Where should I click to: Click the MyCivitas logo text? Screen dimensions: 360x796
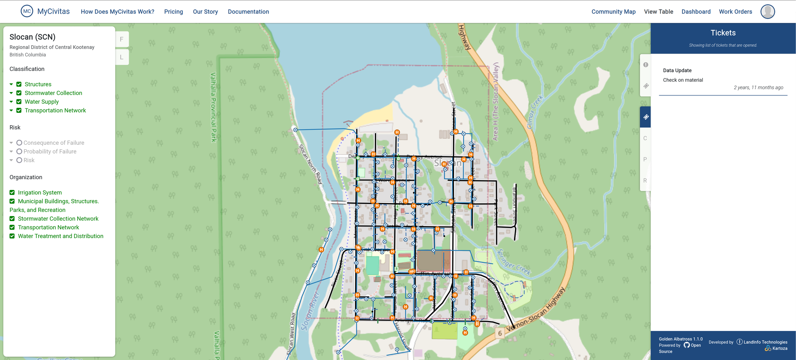[x=53, y=12]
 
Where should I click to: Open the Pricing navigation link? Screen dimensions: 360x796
[x=173, y=12]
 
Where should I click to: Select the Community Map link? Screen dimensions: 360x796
[x=613, y=12]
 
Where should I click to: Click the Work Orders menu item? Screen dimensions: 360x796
[x=735, y=12]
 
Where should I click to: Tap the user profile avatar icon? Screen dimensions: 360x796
[x=767, y=12]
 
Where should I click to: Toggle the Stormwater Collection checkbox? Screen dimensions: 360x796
[x=19, y=93]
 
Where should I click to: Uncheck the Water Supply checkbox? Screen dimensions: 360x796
[x=19, y=102]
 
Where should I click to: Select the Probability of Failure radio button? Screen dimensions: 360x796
[x=19, y=151]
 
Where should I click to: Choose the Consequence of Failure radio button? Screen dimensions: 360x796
[x=19, y=143]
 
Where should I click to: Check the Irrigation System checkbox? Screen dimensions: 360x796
[x=12, y=192]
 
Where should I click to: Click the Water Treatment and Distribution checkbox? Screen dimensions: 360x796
[x=12, y=236]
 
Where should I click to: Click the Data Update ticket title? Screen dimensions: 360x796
[x=677, y=71]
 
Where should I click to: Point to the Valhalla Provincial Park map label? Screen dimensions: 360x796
[x=213, y=107]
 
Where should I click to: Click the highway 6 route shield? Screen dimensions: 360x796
[x=500, y=333]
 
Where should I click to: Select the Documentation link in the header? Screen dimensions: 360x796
[x=248, y=12]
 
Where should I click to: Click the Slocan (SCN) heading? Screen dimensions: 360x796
[x=32, y=37]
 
